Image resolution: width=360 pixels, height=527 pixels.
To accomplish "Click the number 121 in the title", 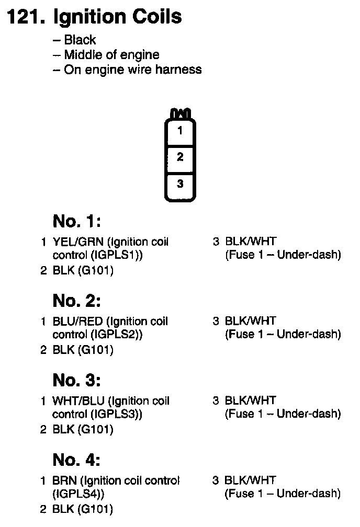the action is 24,17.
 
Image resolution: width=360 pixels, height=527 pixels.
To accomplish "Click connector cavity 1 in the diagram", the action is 180,131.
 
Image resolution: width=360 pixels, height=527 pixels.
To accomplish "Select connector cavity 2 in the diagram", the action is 180,157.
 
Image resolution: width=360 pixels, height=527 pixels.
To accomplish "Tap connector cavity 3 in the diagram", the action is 180,184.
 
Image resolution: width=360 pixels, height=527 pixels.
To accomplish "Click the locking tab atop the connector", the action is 180,113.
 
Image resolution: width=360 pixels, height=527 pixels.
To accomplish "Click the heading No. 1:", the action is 76,222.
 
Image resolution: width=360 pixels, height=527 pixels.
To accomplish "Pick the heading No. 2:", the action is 76,301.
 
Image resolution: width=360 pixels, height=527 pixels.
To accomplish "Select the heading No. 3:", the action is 76,381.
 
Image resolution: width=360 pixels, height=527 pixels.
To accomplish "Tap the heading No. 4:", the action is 76,460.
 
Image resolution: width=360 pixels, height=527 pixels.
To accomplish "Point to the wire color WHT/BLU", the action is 73,401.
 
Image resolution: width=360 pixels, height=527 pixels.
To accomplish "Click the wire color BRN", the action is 64,480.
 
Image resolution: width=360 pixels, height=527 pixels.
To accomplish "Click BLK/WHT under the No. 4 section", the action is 249,480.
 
